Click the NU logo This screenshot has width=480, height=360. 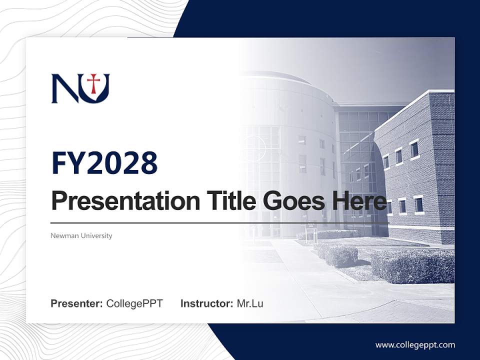point(80,88)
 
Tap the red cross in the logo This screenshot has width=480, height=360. point(93,83)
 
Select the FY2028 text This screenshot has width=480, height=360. point(104,162)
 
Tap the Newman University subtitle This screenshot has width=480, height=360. point(81,235)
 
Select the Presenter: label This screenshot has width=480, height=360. point(76,303)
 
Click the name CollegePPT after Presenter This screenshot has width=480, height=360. point(134,303)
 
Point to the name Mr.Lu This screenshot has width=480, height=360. point(250,303)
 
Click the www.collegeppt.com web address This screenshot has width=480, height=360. point(415,345)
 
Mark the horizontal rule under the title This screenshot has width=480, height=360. point(220,223)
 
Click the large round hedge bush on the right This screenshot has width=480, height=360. point(412,265)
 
